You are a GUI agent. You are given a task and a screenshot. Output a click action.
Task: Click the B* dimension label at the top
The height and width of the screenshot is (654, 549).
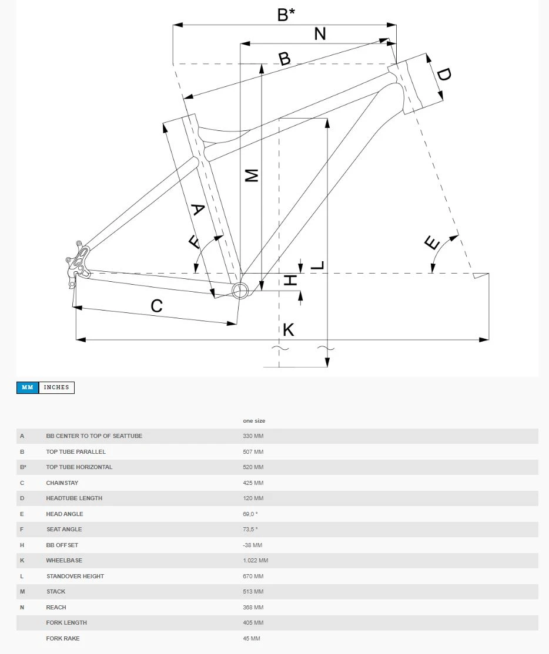tap(286, 15)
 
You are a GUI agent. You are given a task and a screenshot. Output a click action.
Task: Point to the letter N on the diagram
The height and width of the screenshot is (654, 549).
tap(320, 34)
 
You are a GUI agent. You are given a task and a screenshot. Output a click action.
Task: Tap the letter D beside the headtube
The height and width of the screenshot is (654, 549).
tap(444, 75)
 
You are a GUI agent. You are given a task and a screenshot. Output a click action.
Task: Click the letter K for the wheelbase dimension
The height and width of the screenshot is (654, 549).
tap(288, 330)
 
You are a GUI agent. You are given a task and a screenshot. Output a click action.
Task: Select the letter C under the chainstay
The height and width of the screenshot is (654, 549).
tap(156, 306)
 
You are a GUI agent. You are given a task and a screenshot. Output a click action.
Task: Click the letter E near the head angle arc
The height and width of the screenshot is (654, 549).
tap(432, 242)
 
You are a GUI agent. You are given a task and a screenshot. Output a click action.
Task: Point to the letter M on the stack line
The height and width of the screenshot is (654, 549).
tap(252, 175)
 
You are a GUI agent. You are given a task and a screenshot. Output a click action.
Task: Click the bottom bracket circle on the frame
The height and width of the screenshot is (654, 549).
tap(240, 290)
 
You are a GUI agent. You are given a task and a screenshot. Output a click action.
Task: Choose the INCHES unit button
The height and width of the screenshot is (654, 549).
tap(56, 387)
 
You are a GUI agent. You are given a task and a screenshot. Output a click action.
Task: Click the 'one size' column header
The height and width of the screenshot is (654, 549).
tap(254, 421)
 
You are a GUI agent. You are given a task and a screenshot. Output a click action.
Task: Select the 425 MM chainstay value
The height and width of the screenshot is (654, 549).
tap(253, 483)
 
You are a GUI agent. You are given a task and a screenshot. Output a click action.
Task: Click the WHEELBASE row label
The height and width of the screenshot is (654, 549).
tap(64, 561)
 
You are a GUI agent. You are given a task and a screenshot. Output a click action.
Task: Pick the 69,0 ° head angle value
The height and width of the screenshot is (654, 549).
tap(250, 514)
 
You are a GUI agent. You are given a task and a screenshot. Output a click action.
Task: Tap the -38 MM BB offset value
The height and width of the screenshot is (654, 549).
tap(253, 545)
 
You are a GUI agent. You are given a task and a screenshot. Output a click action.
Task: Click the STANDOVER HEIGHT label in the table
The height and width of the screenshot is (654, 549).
tap(75, 577)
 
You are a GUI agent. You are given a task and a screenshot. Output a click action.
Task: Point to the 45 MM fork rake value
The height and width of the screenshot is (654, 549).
tap(252, 639)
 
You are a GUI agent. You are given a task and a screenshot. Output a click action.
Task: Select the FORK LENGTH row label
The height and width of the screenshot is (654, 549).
tap(66, 623)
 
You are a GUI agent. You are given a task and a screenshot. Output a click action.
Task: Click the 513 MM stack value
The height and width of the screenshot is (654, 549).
tap(253, 592)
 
